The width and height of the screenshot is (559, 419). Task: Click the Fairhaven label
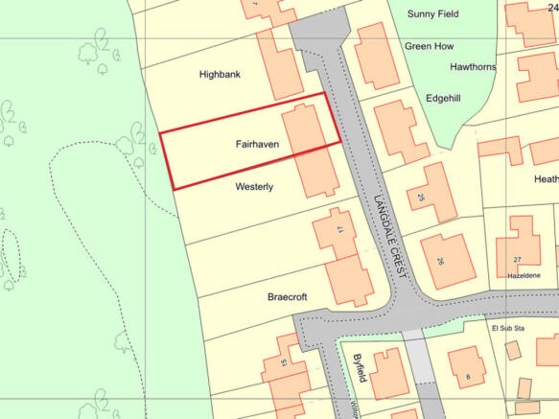pos(256,144)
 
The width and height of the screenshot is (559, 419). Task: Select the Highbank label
pos(221,74)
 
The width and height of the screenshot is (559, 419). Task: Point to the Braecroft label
pos(288,297)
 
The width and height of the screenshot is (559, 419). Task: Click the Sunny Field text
pos(433,13)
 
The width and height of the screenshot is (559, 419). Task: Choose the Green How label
pos(429,46)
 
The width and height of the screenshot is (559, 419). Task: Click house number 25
pos(420,197)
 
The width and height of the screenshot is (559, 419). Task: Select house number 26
pos(440,262)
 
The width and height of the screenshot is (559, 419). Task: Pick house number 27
pos(517,260)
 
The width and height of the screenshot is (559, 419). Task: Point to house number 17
pos(339,229)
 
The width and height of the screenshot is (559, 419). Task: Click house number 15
pos(283,362)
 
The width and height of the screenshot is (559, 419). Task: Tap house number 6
pos(468,377)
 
